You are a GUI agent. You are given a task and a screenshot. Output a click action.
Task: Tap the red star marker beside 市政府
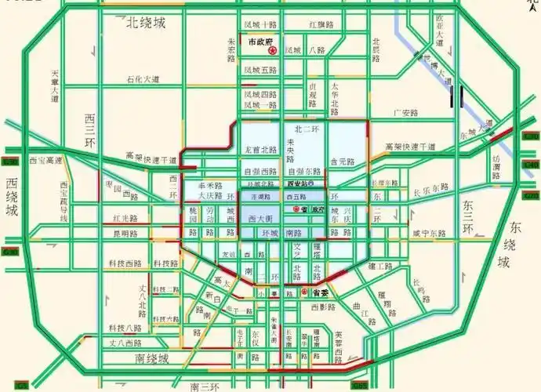[273, 50]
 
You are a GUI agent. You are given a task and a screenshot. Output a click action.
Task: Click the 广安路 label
[407, 112]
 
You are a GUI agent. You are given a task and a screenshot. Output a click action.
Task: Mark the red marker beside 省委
[306, 292]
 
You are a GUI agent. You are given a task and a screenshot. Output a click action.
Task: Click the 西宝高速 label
[45, 160]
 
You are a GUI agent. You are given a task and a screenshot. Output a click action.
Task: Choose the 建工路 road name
[380, 267]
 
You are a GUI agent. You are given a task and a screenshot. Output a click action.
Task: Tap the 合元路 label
[343, 162]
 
